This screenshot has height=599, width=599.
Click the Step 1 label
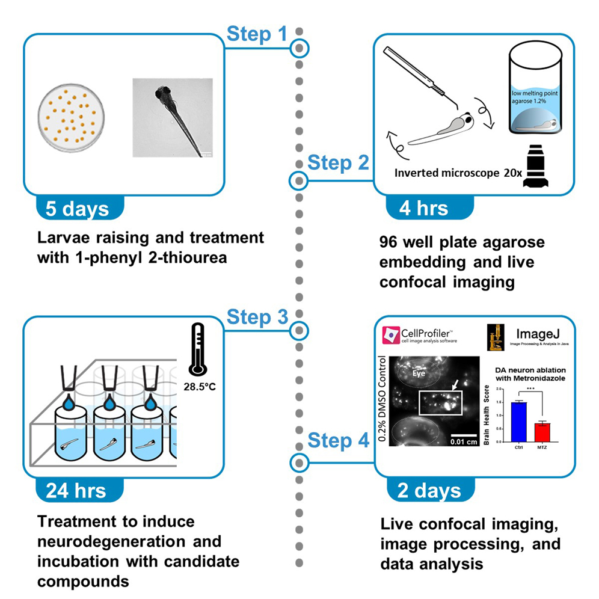tap(257, 34)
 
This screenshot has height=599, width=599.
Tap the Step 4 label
tap(338, 440)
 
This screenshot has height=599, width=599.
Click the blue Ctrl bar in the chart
tap(518, 421)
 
